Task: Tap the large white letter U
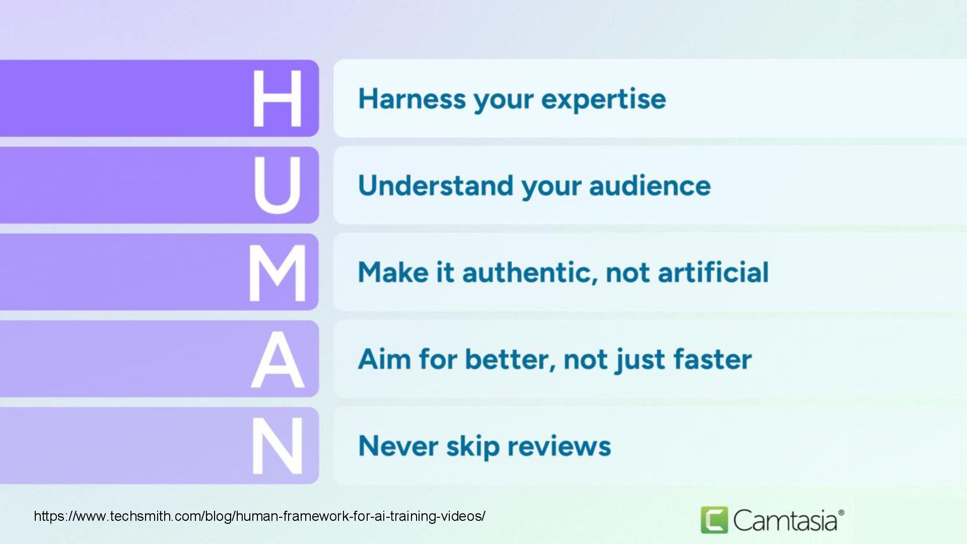[277, 185]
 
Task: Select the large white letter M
[278, 273]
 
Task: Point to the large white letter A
[278, 359]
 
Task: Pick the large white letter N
[278, 446]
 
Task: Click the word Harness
[412, 98]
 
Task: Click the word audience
[650, 185]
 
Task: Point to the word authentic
[529, 273]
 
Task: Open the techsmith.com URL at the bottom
[259, 516]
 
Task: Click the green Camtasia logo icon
[714, 520]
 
